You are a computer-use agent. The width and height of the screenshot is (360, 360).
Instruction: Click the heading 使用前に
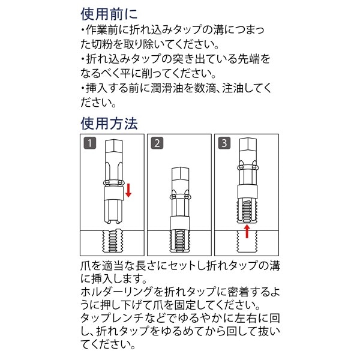coord(109,13)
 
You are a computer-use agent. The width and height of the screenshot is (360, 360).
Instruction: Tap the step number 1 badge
coord(89,143)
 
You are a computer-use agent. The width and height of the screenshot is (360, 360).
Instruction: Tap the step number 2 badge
coord(157,143)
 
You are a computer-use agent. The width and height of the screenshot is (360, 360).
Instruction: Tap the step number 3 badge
coord(224,143)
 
